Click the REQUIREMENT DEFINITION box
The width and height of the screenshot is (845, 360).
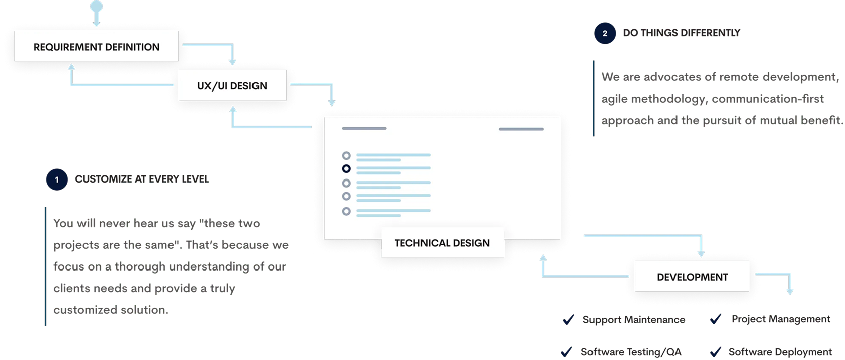[96, 46]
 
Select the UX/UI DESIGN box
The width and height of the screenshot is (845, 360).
[232, 85]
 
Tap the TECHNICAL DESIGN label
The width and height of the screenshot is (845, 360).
[443, 243]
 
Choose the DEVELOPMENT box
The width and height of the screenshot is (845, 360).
[692, 277]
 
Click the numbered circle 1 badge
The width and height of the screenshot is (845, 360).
[57, 179]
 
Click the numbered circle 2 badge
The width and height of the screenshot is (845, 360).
[605, 33]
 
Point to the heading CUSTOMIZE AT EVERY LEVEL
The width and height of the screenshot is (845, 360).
[142, 179]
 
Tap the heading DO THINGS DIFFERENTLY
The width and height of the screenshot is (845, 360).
[682, 33]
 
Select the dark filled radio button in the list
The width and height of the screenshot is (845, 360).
[346, 168]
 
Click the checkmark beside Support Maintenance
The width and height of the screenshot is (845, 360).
[568, 320]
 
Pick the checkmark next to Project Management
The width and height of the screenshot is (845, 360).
[716, 319]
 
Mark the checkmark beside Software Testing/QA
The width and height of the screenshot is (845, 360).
[566, 352]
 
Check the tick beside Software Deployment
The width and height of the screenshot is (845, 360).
[716, 352]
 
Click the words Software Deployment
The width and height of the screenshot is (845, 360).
[780, 352]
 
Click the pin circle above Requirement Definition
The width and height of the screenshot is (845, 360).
[96, 6]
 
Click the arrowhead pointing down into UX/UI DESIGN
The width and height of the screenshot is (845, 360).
[232, 62]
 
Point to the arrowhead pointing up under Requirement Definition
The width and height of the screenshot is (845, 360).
[71, 67]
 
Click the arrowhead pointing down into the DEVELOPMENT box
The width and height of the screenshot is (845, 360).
[701, 254]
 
